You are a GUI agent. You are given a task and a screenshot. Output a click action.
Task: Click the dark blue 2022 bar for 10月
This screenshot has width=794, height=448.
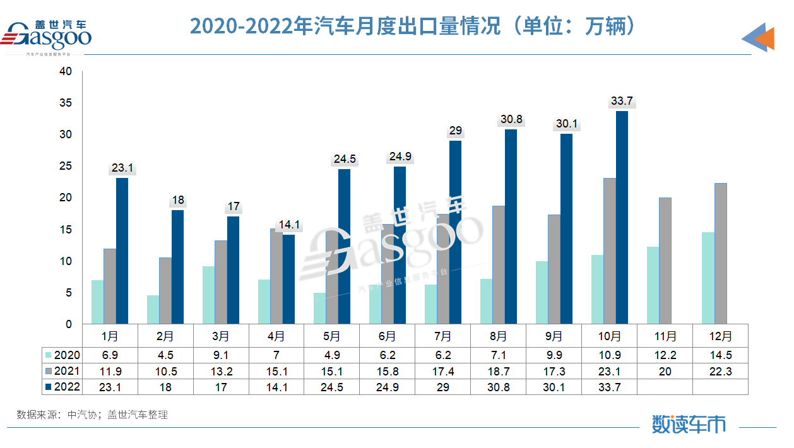[622, 218]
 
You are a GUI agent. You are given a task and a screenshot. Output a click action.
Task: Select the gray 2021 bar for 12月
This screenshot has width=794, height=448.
[720, 254]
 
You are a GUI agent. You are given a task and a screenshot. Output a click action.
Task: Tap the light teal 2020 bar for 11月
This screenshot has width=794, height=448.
[653, 285]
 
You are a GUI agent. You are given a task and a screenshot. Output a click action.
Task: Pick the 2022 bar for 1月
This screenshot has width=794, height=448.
[122, 251]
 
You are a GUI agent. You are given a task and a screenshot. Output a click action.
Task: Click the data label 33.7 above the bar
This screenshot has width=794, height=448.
[622, 101]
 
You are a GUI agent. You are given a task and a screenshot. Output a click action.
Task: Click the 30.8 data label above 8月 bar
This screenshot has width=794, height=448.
[511, 119]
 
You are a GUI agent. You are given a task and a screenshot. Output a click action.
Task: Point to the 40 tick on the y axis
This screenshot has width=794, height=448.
[65, 72]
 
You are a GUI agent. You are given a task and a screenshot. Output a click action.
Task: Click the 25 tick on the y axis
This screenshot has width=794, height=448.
[65, 167]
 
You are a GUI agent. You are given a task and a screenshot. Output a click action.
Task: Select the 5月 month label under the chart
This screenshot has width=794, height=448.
[332, 336]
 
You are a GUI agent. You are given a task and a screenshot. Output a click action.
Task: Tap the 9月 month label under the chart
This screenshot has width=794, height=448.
[554, 336]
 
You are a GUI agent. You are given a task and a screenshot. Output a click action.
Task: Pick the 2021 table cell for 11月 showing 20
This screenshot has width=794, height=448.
[665, 372]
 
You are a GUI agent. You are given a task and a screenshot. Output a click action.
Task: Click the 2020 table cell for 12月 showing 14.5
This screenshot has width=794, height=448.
[720, 355]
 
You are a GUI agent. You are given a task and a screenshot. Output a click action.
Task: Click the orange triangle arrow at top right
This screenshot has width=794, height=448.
[764, 38]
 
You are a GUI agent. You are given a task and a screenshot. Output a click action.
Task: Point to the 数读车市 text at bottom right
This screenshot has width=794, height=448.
[688, 424]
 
